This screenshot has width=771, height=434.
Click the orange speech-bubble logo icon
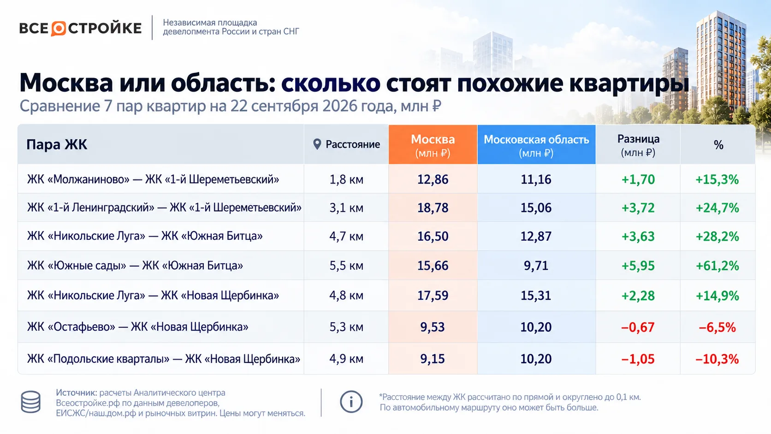(x=59, y=29)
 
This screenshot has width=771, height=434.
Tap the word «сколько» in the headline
(x=331, y=83)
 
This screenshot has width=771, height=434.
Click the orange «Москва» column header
(x=433, y=144)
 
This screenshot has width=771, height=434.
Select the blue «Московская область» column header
(x=536, y=144)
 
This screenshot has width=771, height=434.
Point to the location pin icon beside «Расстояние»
(x=317, y=144)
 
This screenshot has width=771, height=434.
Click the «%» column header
(x=718, y=145)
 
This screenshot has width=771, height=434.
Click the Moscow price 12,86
(x=433, y=179)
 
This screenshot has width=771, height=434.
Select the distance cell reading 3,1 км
(x=346, y=208)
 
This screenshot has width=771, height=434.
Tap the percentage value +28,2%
(x=718, y=237)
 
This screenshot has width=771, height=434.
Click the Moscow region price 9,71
(x=536, y=266)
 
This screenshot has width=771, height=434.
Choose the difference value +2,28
(x=638, y=296)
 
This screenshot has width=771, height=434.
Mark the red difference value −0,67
(x=638, y=327)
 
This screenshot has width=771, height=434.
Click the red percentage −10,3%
(x=718, y=359)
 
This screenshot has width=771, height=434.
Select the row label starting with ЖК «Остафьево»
(x=138, y=327)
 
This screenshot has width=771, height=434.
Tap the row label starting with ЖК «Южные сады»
(x=135, y=266)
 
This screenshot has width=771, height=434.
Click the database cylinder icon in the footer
(x=30, y=402)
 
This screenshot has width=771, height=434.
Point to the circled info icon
(x=351, y=402)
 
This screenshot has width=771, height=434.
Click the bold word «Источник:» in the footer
(x=77, y=392)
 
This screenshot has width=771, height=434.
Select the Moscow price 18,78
(x=433, y=208)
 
